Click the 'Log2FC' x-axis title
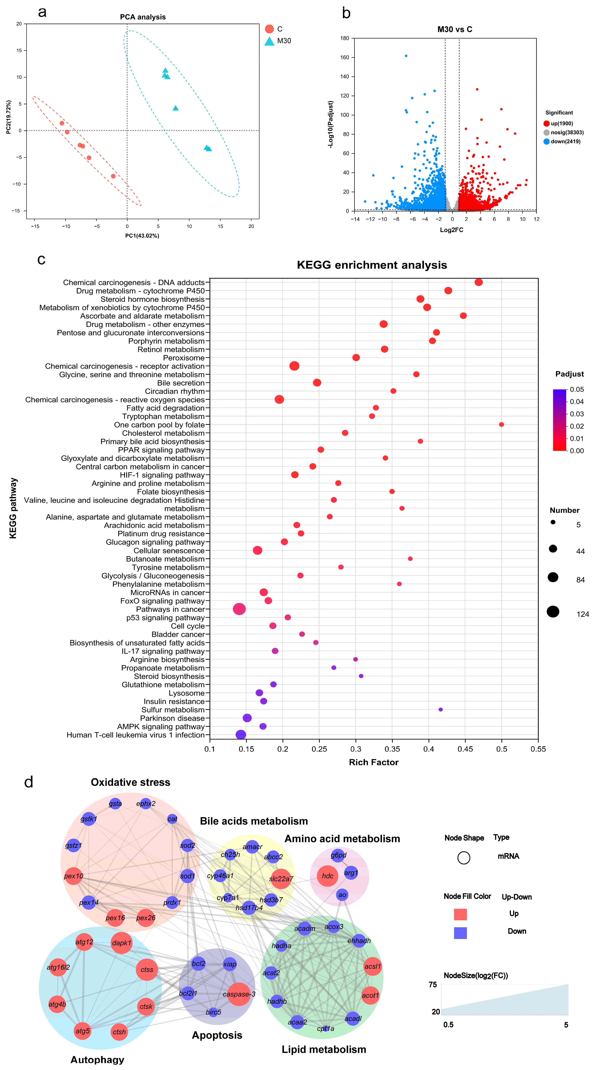[x=451, y=230]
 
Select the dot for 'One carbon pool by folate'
[x=501, y=425]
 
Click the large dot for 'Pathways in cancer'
[x=239, y=609]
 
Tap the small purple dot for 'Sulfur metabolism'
[x=440, y=710]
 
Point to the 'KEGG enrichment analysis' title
[x=372, y=265]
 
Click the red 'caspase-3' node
[x=239, y=994]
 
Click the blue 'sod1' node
[x=187, y=876]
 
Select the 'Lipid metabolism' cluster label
[x=324, y=1050]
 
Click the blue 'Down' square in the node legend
[x=460, y=933]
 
